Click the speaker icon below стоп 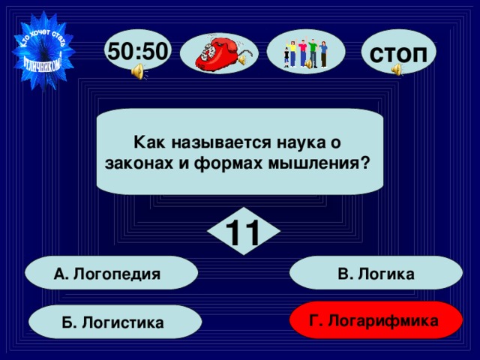(396, 70)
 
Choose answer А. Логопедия (110, 274)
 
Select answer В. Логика (376, 274)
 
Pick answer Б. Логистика (115, 322)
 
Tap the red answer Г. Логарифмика (376, 320)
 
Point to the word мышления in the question (329, 161)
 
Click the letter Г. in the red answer (317, 320)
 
